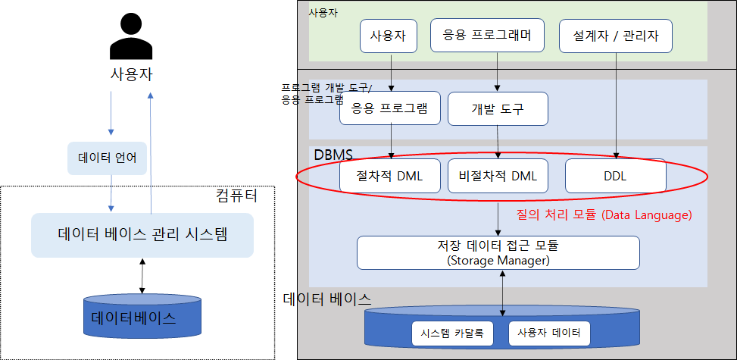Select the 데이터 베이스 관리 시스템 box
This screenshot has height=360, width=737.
point(142,234)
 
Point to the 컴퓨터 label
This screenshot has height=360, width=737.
point(236,196)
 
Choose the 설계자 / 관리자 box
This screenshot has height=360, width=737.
point(615,35)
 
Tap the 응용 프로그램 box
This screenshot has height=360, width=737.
point(389,108)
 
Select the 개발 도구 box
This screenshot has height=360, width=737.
point(497,108)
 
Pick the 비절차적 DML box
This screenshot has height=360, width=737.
point(497,177)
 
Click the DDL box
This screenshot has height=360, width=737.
point(615,177)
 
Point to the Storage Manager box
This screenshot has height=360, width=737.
point(498,252)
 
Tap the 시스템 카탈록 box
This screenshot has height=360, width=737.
point(452,333)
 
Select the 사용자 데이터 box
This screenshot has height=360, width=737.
point(549,333)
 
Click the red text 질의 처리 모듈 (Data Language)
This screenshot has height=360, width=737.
point(604,215)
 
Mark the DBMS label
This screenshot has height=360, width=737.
point(333,155)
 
